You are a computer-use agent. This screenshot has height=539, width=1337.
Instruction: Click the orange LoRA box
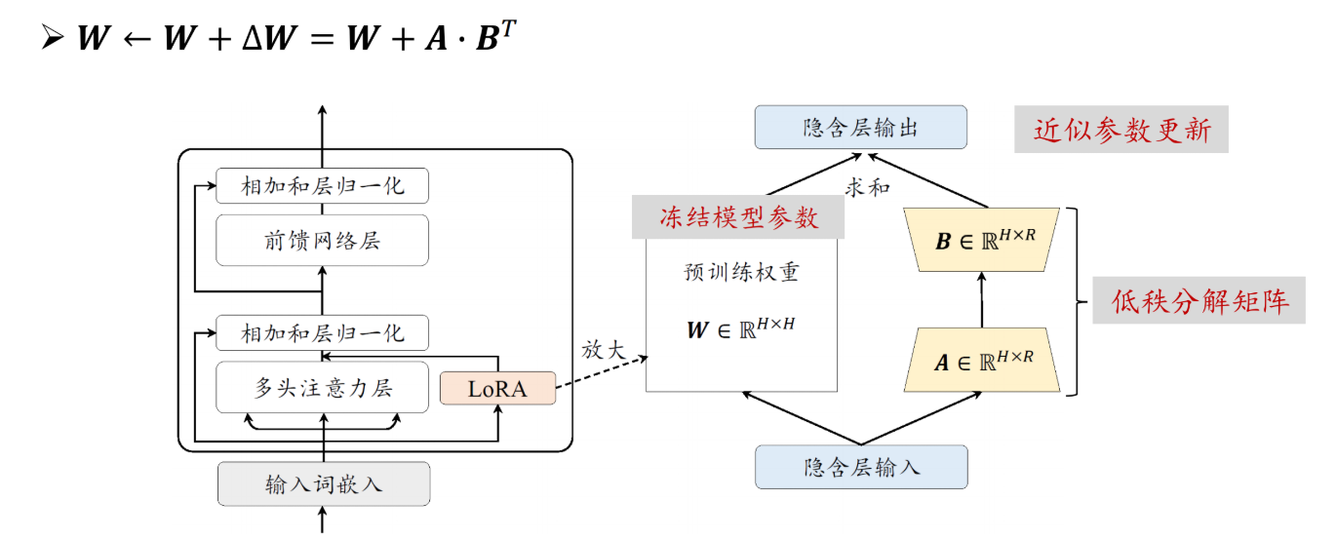click(x=497, y=388)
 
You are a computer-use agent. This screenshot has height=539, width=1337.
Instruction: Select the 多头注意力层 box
click(x=322, y=387)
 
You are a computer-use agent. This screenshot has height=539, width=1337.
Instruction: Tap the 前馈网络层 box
click(x=322, y=240)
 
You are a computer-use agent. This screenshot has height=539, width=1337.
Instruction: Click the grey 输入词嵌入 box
click(x=323, y=484)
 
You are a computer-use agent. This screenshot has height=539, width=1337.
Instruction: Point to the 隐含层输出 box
click(x=861, y=128)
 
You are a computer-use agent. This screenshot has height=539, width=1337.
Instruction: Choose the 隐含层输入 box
click(x=861, y=467)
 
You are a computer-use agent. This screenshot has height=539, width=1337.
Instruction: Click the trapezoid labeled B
click(x=983, y=240)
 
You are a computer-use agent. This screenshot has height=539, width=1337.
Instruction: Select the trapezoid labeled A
click(x=983, y=361)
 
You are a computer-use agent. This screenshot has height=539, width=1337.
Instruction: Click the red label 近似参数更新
click(x=1121, y=130)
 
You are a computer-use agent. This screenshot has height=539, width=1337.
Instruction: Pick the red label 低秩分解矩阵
click(x=1201, y=301)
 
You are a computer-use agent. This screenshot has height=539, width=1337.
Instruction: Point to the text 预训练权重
click(x=742, y=272)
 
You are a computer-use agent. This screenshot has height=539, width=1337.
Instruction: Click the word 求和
click(x=867, y=187)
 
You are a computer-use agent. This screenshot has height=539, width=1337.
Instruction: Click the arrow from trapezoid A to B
click(x=982, y=300)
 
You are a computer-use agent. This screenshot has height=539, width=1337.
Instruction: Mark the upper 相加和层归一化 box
click(x=322, y=185)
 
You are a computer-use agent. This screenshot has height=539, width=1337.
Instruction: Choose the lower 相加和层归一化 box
click(x=322, y=332)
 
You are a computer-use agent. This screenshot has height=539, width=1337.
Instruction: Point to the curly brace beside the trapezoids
click(x=1075, y=301)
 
